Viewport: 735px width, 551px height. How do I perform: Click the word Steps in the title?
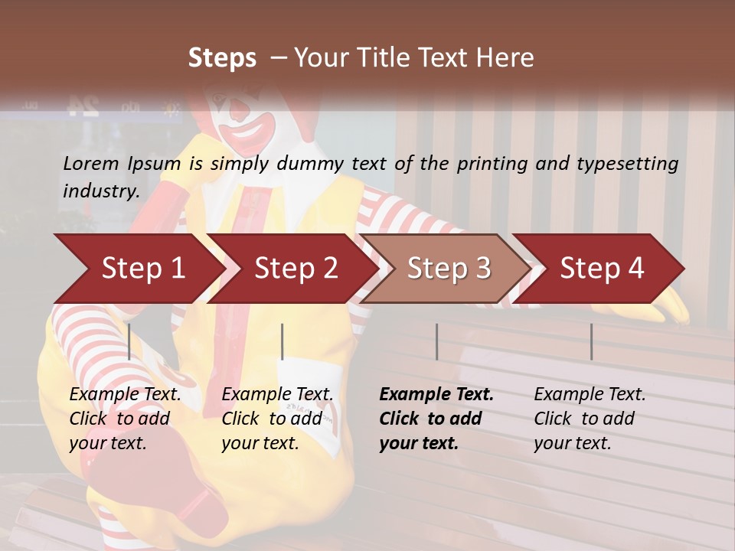(x=222, y=58)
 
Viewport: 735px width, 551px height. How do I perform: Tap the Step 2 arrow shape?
(x=295, y=269)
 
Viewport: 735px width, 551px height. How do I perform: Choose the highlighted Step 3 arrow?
(x=449, y=269)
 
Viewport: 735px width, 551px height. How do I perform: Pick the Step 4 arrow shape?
(x=602, y=269)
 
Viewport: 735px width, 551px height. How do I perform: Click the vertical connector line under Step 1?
(x=129, y=341)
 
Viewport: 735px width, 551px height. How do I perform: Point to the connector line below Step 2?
(x=283, y=341)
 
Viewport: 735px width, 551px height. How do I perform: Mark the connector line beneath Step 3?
(x=437, y=341)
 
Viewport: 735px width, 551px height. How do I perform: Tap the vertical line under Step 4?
(x=592, y=341)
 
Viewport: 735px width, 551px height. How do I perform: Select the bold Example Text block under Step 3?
(x=436, y=419)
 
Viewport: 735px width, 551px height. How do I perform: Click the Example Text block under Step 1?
(x=125, y=419)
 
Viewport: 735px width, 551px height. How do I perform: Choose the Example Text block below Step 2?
(x=277, y=419)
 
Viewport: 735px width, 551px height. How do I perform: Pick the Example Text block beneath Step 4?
(x=590, y=419)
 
